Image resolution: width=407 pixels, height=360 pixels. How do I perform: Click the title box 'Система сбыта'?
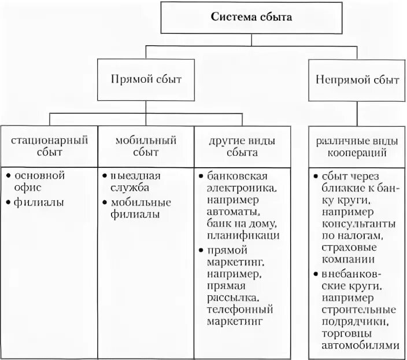click(250, 17)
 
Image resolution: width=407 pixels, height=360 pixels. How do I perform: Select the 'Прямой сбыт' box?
click(146, 79)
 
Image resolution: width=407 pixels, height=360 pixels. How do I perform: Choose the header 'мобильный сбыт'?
click(145, 146)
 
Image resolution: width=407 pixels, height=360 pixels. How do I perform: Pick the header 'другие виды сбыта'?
click(242, 146)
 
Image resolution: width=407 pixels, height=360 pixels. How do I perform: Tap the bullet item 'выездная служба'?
click(136, 181)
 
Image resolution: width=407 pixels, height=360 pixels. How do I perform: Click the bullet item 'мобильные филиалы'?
click(142, 208)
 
